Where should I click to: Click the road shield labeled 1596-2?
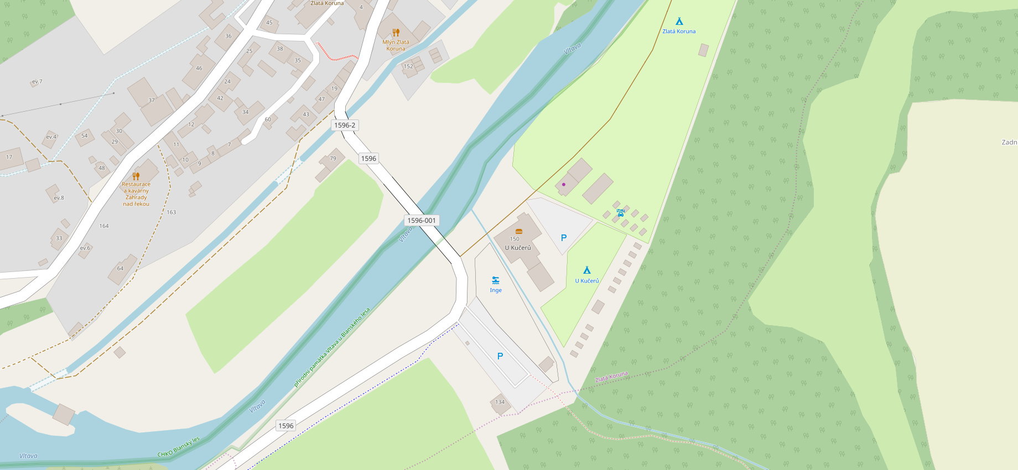pos(345,125)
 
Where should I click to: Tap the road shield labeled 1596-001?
pos(422,220)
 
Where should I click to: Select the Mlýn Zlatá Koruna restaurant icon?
pos(396,33)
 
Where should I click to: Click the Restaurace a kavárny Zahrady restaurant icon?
pos(136,176)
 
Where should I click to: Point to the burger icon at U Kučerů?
pos(519,231)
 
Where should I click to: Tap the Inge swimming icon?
pos(496,280)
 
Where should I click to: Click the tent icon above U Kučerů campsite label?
pos(587,270)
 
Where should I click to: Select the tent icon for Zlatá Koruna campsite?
pos(679,22)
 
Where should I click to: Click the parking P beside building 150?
pos(564,238)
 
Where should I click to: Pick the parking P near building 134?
pos(500,356)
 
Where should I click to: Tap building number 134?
pos(500,402)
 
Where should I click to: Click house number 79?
pos(333,158)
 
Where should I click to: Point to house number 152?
pos(408,66)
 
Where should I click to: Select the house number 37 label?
pos(152,100)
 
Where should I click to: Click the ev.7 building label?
pos(37,82)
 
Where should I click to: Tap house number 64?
pos(120,269)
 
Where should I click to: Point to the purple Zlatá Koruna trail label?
pos(611,377)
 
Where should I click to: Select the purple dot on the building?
pos(564,184)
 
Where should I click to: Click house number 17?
pos(9,157)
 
